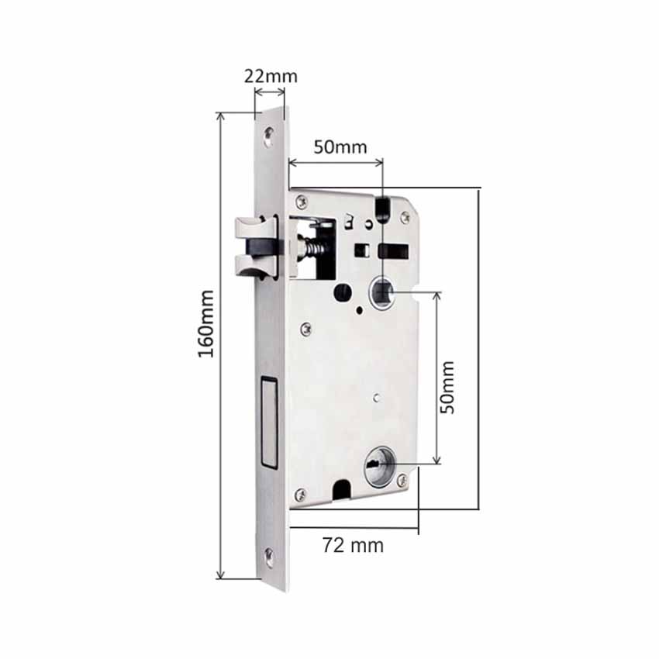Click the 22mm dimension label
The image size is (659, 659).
(271, 77)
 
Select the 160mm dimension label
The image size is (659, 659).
(206, 324)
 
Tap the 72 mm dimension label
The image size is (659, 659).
(353, 546)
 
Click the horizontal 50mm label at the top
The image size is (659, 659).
(340, 147)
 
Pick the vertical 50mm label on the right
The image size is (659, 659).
(447, 388)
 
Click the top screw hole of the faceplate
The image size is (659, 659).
(268, 136)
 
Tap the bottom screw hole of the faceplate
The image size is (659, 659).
(268, 557)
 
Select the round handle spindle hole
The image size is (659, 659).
(381, 292)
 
